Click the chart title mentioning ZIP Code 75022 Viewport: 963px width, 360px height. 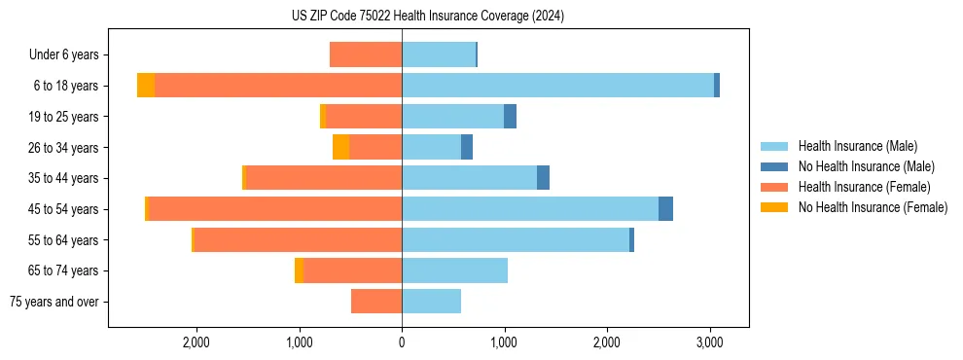(x=427, y=17)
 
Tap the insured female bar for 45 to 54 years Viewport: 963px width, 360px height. (x=274, y=209)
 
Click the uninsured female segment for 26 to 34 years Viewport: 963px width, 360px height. (x=340, y=147)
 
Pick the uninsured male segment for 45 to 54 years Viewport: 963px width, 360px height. (x=665, y=209)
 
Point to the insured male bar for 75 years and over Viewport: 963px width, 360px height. (x=431, y=302)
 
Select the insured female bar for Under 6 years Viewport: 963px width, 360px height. (x=366, y=54)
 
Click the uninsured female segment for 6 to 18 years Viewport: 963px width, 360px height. (x=146, y=86)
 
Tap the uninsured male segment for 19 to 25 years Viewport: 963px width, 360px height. (x=510, y=117)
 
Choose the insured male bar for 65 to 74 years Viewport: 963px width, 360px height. (x=454, y=270)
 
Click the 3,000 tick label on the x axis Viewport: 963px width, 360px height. (x=709, y=342)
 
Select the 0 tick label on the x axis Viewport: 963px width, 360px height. (x=402, y=342)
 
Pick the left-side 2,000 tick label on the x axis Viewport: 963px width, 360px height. (x=196, y=342)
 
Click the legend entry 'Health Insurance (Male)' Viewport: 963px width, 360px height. (x=857, y=146)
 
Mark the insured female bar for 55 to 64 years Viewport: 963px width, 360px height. (x=298, y=240)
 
